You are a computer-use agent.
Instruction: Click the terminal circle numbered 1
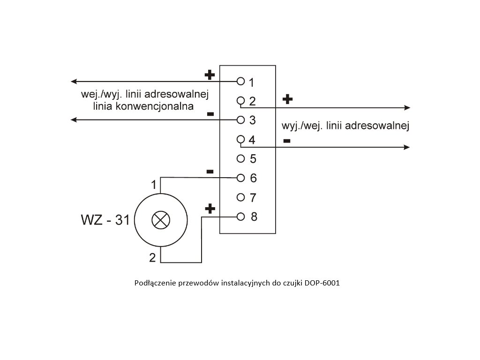241,81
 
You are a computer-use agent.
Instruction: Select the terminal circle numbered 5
241,158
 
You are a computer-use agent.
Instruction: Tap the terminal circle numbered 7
241,197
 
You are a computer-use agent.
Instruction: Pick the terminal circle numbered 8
241,217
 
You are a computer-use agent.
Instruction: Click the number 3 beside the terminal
252,120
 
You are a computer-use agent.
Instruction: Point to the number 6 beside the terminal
253,179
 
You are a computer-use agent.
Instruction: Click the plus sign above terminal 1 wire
210,75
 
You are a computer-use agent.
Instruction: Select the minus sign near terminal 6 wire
210,172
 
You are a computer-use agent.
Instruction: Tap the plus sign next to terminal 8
210,209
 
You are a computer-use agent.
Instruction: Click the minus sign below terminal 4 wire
287,141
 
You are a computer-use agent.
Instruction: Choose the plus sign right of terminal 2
287,99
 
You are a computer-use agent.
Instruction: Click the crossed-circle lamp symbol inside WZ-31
161,219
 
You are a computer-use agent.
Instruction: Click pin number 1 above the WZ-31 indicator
153,185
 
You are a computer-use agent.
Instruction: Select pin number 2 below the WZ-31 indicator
152,257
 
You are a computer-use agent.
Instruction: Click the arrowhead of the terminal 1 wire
74,82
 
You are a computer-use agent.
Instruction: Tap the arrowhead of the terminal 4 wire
407,147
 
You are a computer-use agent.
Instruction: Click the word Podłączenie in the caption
153,284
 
